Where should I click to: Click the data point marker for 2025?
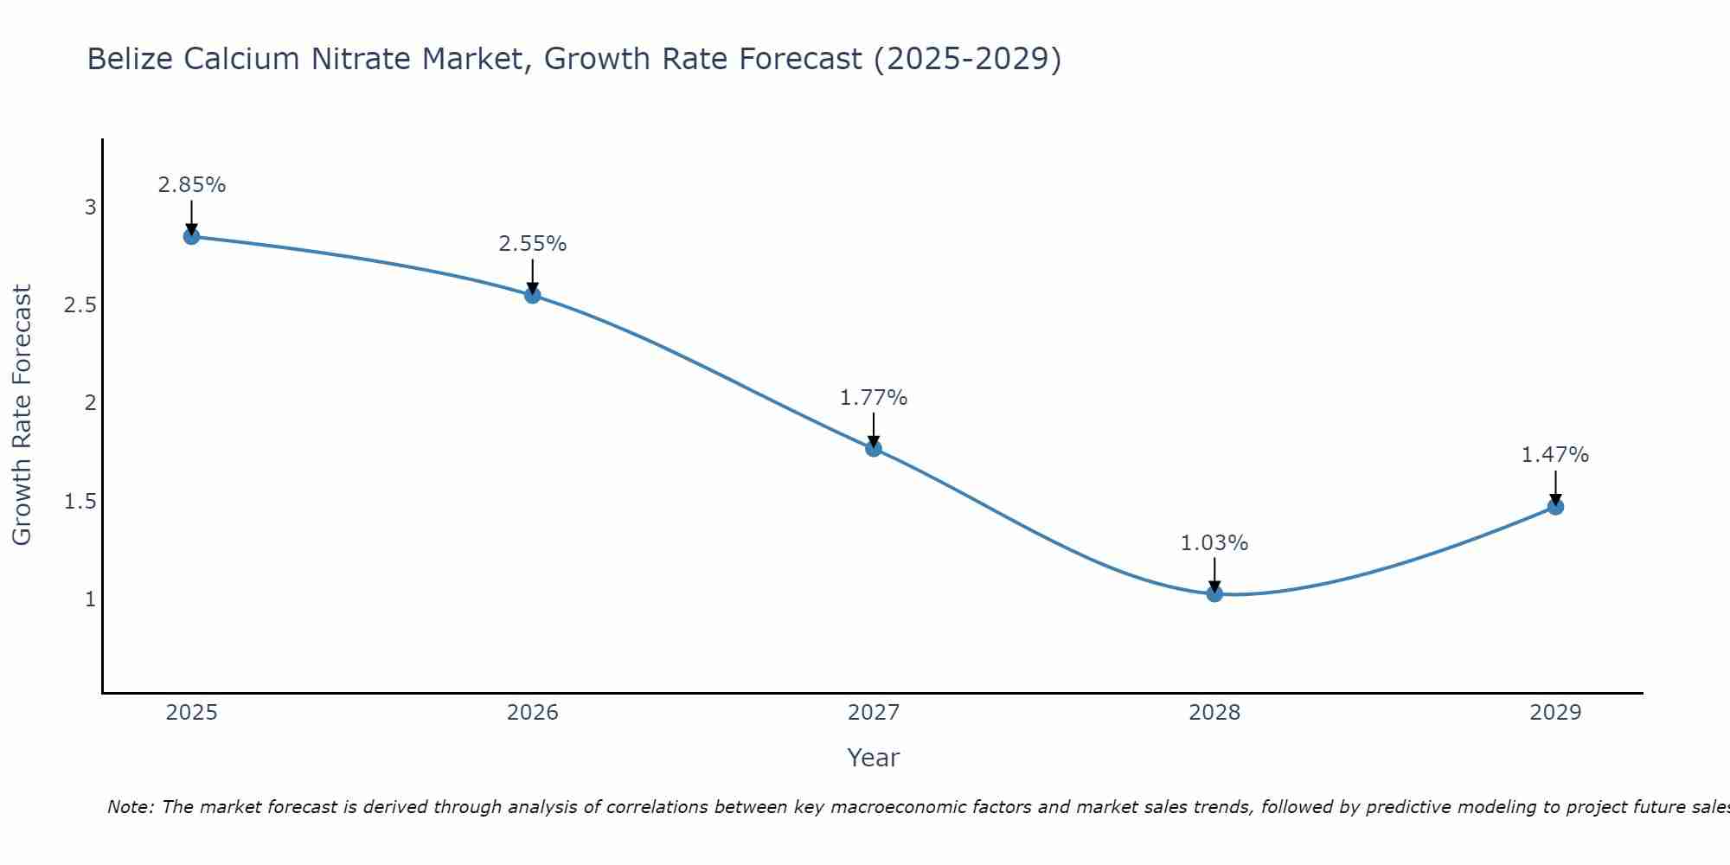tap(192, 236)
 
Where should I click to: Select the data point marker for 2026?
tap(533, 295)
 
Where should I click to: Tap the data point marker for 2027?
tap(874, 448)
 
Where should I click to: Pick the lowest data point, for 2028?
tap(1214, 593)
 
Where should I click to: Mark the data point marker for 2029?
tap(1555, 507)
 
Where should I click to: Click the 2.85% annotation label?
tap(192, 185)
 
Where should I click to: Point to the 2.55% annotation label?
tap(533, 244)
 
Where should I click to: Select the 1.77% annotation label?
tap(874, 398)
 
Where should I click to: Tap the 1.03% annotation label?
tap(1214, 543)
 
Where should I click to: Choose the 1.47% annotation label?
tap(1555, 455)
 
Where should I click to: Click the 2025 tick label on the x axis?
tap(192, 713)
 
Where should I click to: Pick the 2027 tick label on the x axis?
tap(874, 713)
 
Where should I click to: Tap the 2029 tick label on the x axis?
tap(1555, 713)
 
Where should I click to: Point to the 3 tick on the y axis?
tap(91, 208)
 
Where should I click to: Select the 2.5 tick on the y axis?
tap(80, 305)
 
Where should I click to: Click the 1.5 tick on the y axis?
tap(80, 502)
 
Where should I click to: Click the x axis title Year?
tap(874, 758)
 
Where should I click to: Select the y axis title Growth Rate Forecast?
tap(22, 415)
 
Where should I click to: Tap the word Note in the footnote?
tap(129, 807)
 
